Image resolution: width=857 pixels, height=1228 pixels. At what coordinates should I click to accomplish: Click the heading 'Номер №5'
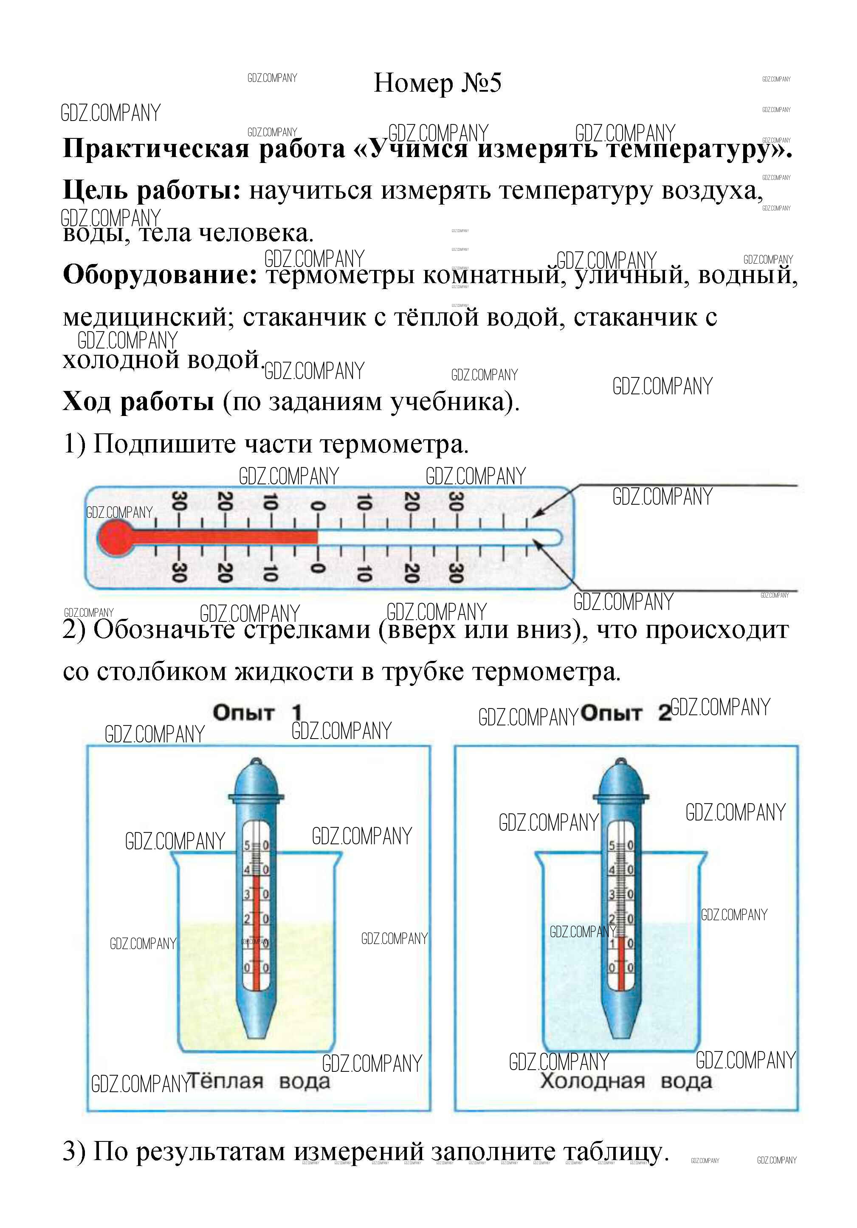pyautogui.click(x=437, y=83)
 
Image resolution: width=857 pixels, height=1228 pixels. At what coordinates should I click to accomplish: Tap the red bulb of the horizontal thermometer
pyautogui.click(x=116, y=537)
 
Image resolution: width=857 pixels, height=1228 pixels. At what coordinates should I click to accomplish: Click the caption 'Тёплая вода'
pyautogui.click(x=259, y=1081)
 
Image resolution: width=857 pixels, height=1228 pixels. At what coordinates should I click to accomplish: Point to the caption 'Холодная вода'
pyautogui.click(x=626, y=1081)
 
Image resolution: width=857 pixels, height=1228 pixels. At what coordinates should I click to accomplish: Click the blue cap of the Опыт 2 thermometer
pyautogui.click(x=620, y=780)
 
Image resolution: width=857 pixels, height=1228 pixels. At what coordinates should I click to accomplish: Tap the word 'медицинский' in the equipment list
pyautogui.click(x=148, y=318)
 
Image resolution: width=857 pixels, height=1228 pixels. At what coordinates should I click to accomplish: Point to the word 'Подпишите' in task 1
pyautogui.click(x=164, y=444)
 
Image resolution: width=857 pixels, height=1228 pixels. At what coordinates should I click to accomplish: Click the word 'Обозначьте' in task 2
pyautogui.click(x=164, y=629)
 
